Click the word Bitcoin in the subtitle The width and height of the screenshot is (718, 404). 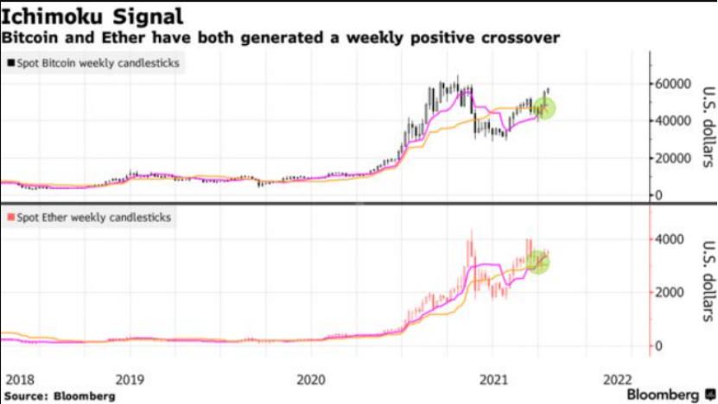(x=32, y=39)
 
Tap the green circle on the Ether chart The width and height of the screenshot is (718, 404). (x=538, y=262)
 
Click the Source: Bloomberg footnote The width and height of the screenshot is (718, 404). (x=58, y=395)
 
